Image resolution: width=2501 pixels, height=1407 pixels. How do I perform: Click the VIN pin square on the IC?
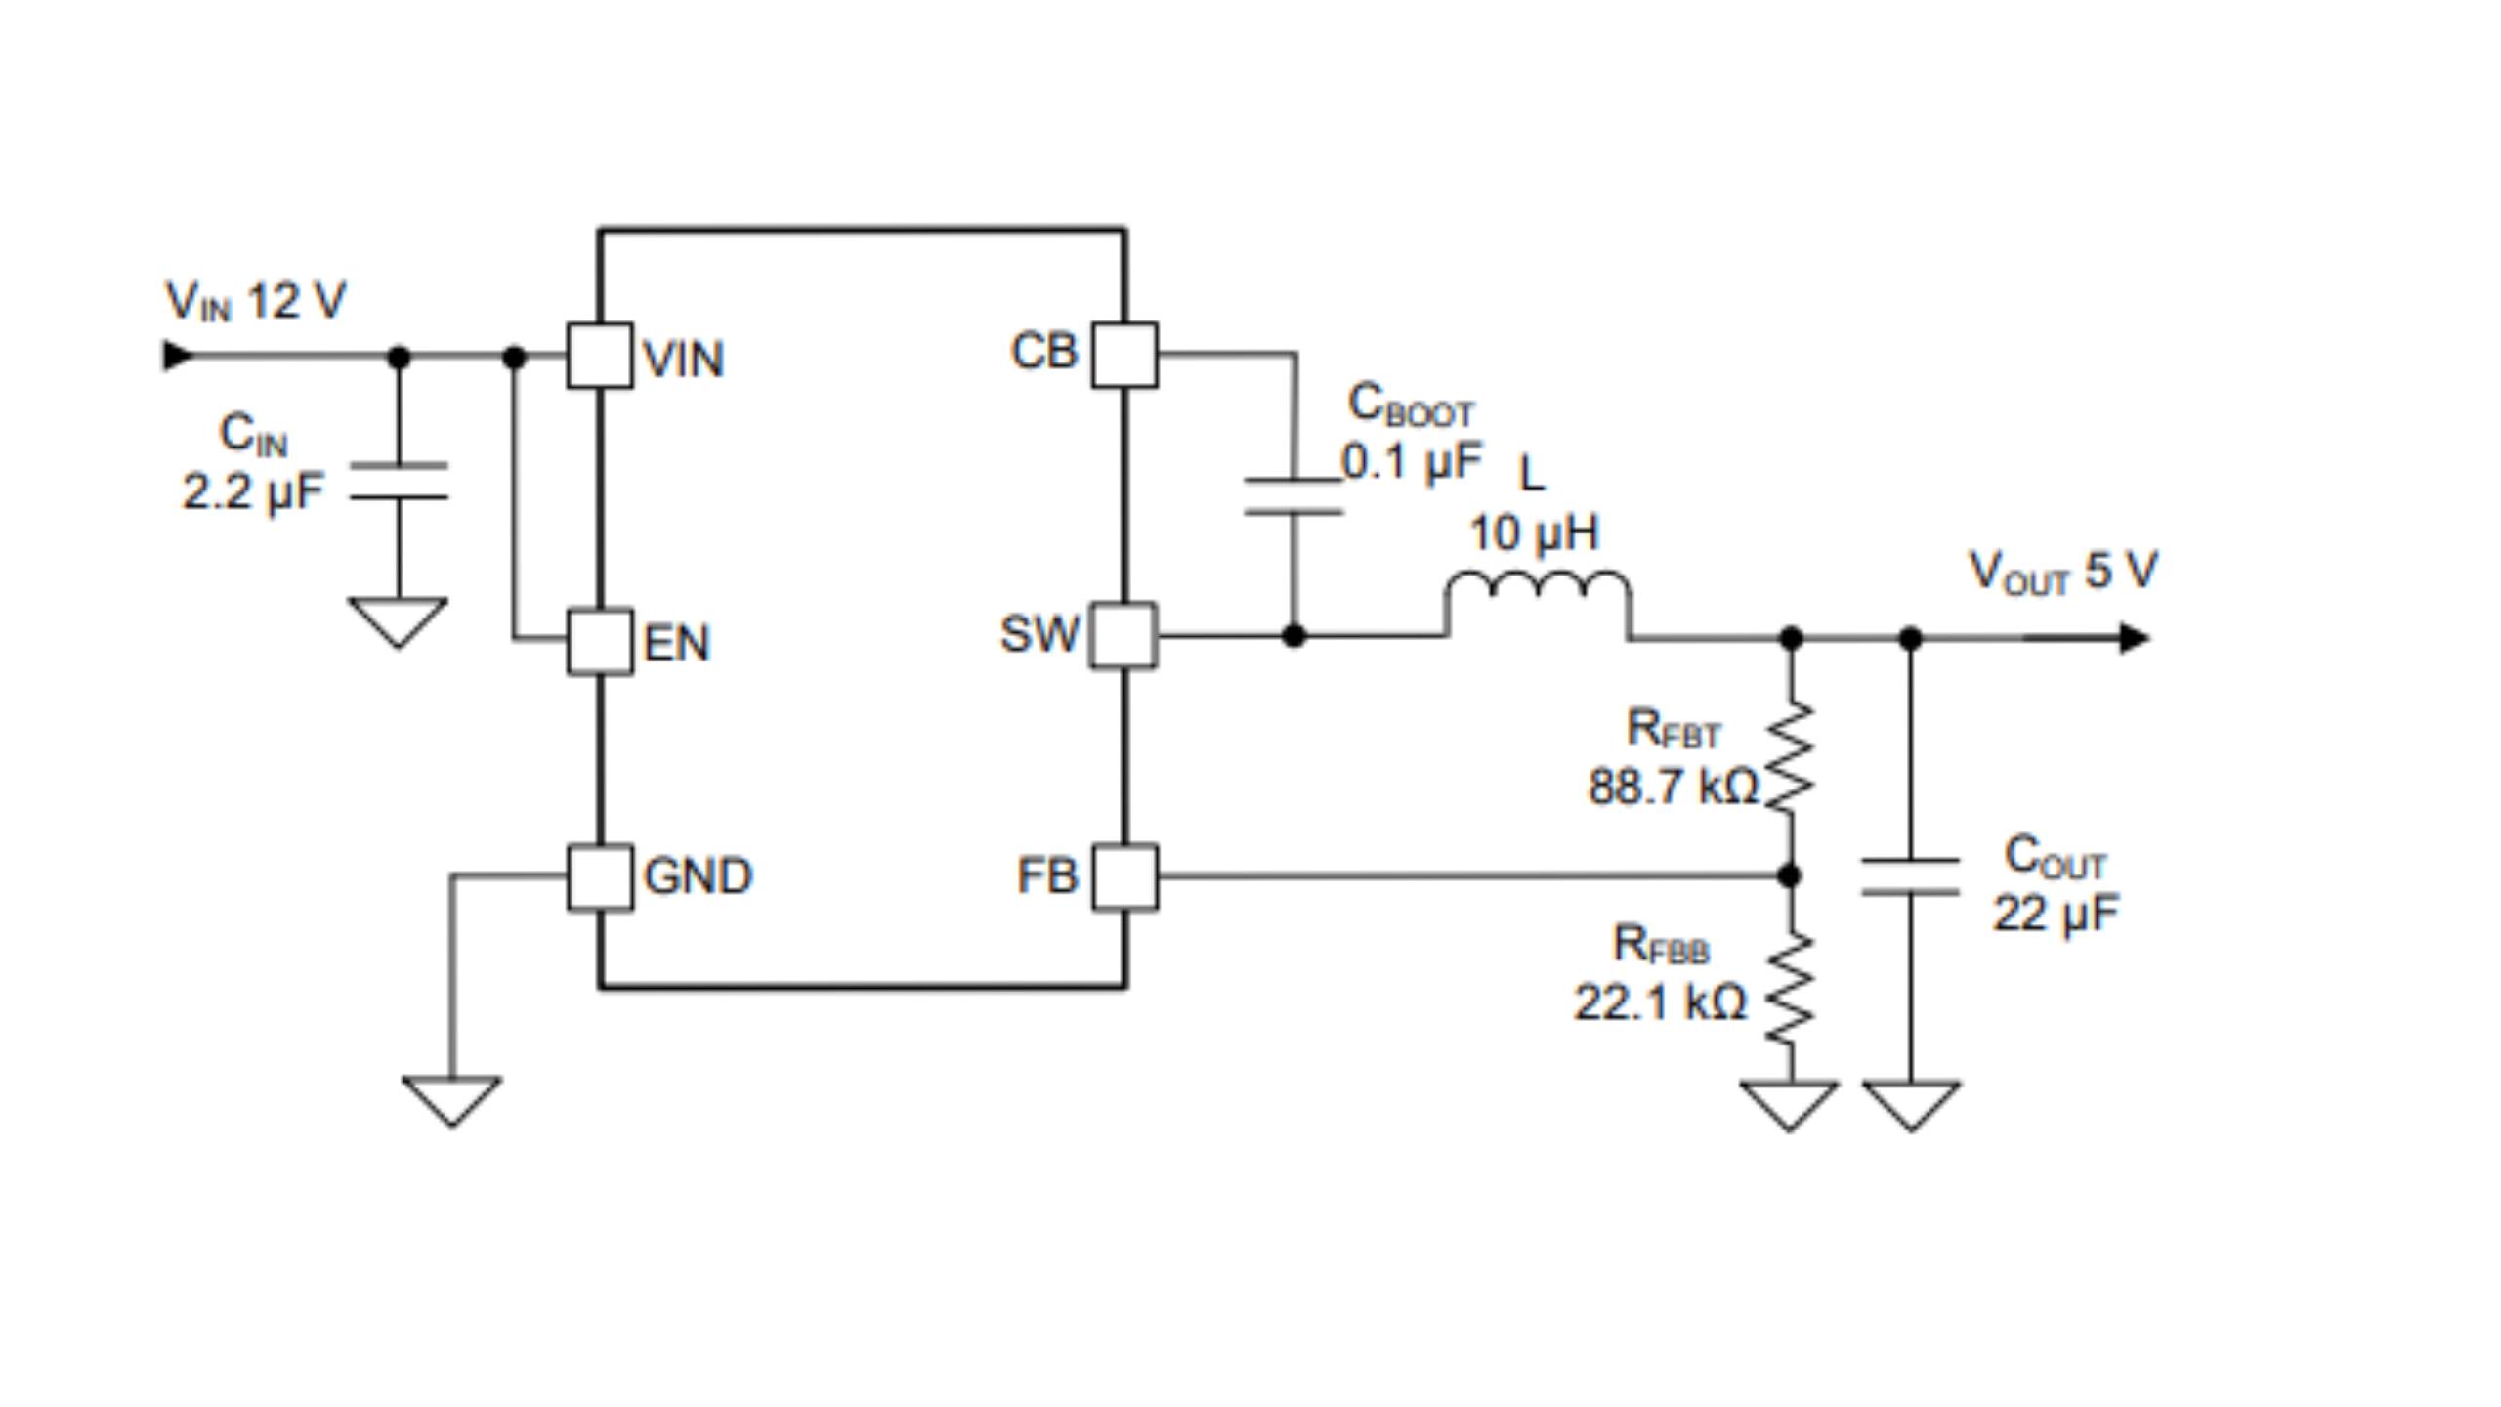(x=599, y=356)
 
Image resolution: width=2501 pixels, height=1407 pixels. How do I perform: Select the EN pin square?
(x=599, y=642)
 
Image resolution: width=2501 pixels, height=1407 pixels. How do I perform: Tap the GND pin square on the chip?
(x=599, y=876)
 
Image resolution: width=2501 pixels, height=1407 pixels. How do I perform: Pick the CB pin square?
(x=1124, y=355)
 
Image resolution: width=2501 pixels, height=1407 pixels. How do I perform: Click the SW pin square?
(x=1123, y=636)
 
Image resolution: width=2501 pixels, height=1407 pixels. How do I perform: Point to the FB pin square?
(x=1124, y=876)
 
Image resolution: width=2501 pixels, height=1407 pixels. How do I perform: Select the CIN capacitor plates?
(x=399, y=482)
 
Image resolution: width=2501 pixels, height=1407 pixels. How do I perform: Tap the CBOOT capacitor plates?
(x=1293, y=495)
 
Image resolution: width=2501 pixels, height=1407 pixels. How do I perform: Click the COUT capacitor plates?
(x=1910, y=876)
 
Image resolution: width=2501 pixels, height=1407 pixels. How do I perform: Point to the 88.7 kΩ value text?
(x=1672, y=788)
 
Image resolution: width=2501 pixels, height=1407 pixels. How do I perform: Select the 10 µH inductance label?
(x=1534, y=533)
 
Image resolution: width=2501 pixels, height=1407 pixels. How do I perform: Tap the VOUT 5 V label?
(x=2062, y=572)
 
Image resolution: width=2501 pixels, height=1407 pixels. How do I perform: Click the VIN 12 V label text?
(x=255, y=301)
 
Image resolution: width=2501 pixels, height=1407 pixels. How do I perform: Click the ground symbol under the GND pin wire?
(x=451, y=1099)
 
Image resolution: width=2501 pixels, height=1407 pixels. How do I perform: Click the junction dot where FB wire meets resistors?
(x=1790, y=875)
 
